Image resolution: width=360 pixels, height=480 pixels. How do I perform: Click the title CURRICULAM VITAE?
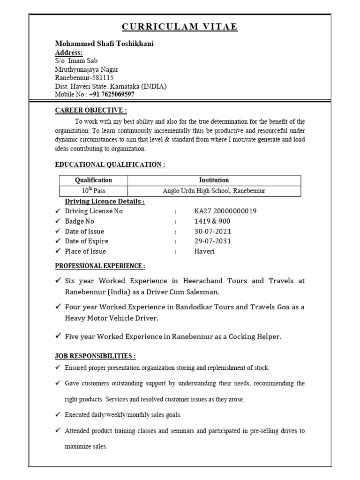point(180,27)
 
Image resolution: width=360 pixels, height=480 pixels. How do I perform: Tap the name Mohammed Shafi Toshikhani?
point(104,44)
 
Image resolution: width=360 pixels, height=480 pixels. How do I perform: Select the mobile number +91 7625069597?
point(112,94)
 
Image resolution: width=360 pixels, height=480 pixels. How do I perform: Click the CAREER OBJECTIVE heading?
point(91,110)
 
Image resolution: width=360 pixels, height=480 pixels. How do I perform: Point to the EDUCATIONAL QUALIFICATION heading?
point(110,165)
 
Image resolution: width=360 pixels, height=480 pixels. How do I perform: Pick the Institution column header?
point(214,180)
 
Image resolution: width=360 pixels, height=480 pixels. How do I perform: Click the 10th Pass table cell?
point(94,191)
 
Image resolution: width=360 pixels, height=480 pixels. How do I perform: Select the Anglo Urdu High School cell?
point(214,191)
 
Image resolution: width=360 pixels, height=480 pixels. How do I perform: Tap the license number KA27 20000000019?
point(225,211)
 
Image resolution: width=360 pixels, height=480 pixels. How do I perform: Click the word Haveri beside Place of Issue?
point(205,251)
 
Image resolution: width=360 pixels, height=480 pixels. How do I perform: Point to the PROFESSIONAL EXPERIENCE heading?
point(100,266)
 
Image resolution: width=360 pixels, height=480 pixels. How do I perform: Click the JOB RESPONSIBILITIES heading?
point(96,356)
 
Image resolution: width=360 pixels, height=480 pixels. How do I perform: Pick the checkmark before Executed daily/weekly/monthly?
point(58,415)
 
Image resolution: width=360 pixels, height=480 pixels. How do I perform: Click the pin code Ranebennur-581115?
point(84,77)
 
